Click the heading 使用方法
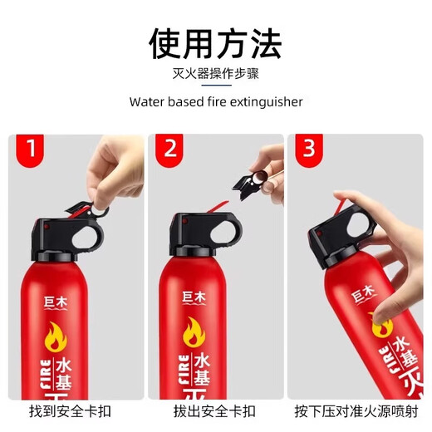[215, 43]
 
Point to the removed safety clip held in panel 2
[254, 176]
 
